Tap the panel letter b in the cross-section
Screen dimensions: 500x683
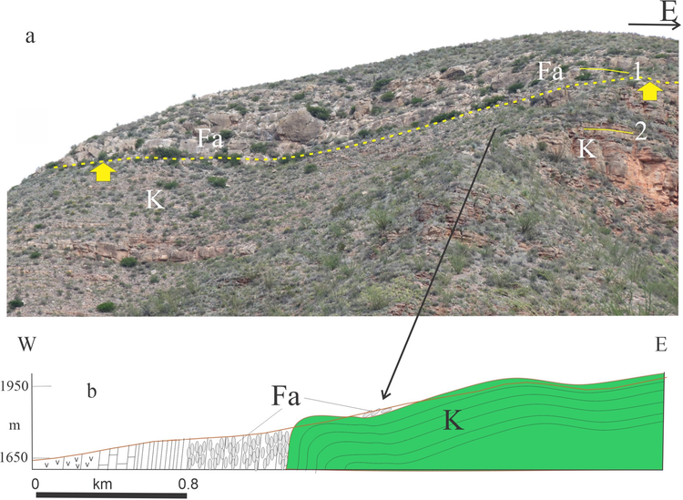[92, 393]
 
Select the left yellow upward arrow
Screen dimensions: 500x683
[104, 170]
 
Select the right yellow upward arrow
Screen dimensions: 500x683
[648, 89]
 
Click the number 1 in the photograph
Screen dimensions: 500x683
[639, 69]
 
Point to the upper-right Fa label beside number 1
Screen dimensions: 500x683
[550, 71]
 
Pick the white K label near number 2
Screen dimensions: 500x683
[587, 148]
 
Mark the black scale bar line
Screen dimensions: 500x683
[110, 495]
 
